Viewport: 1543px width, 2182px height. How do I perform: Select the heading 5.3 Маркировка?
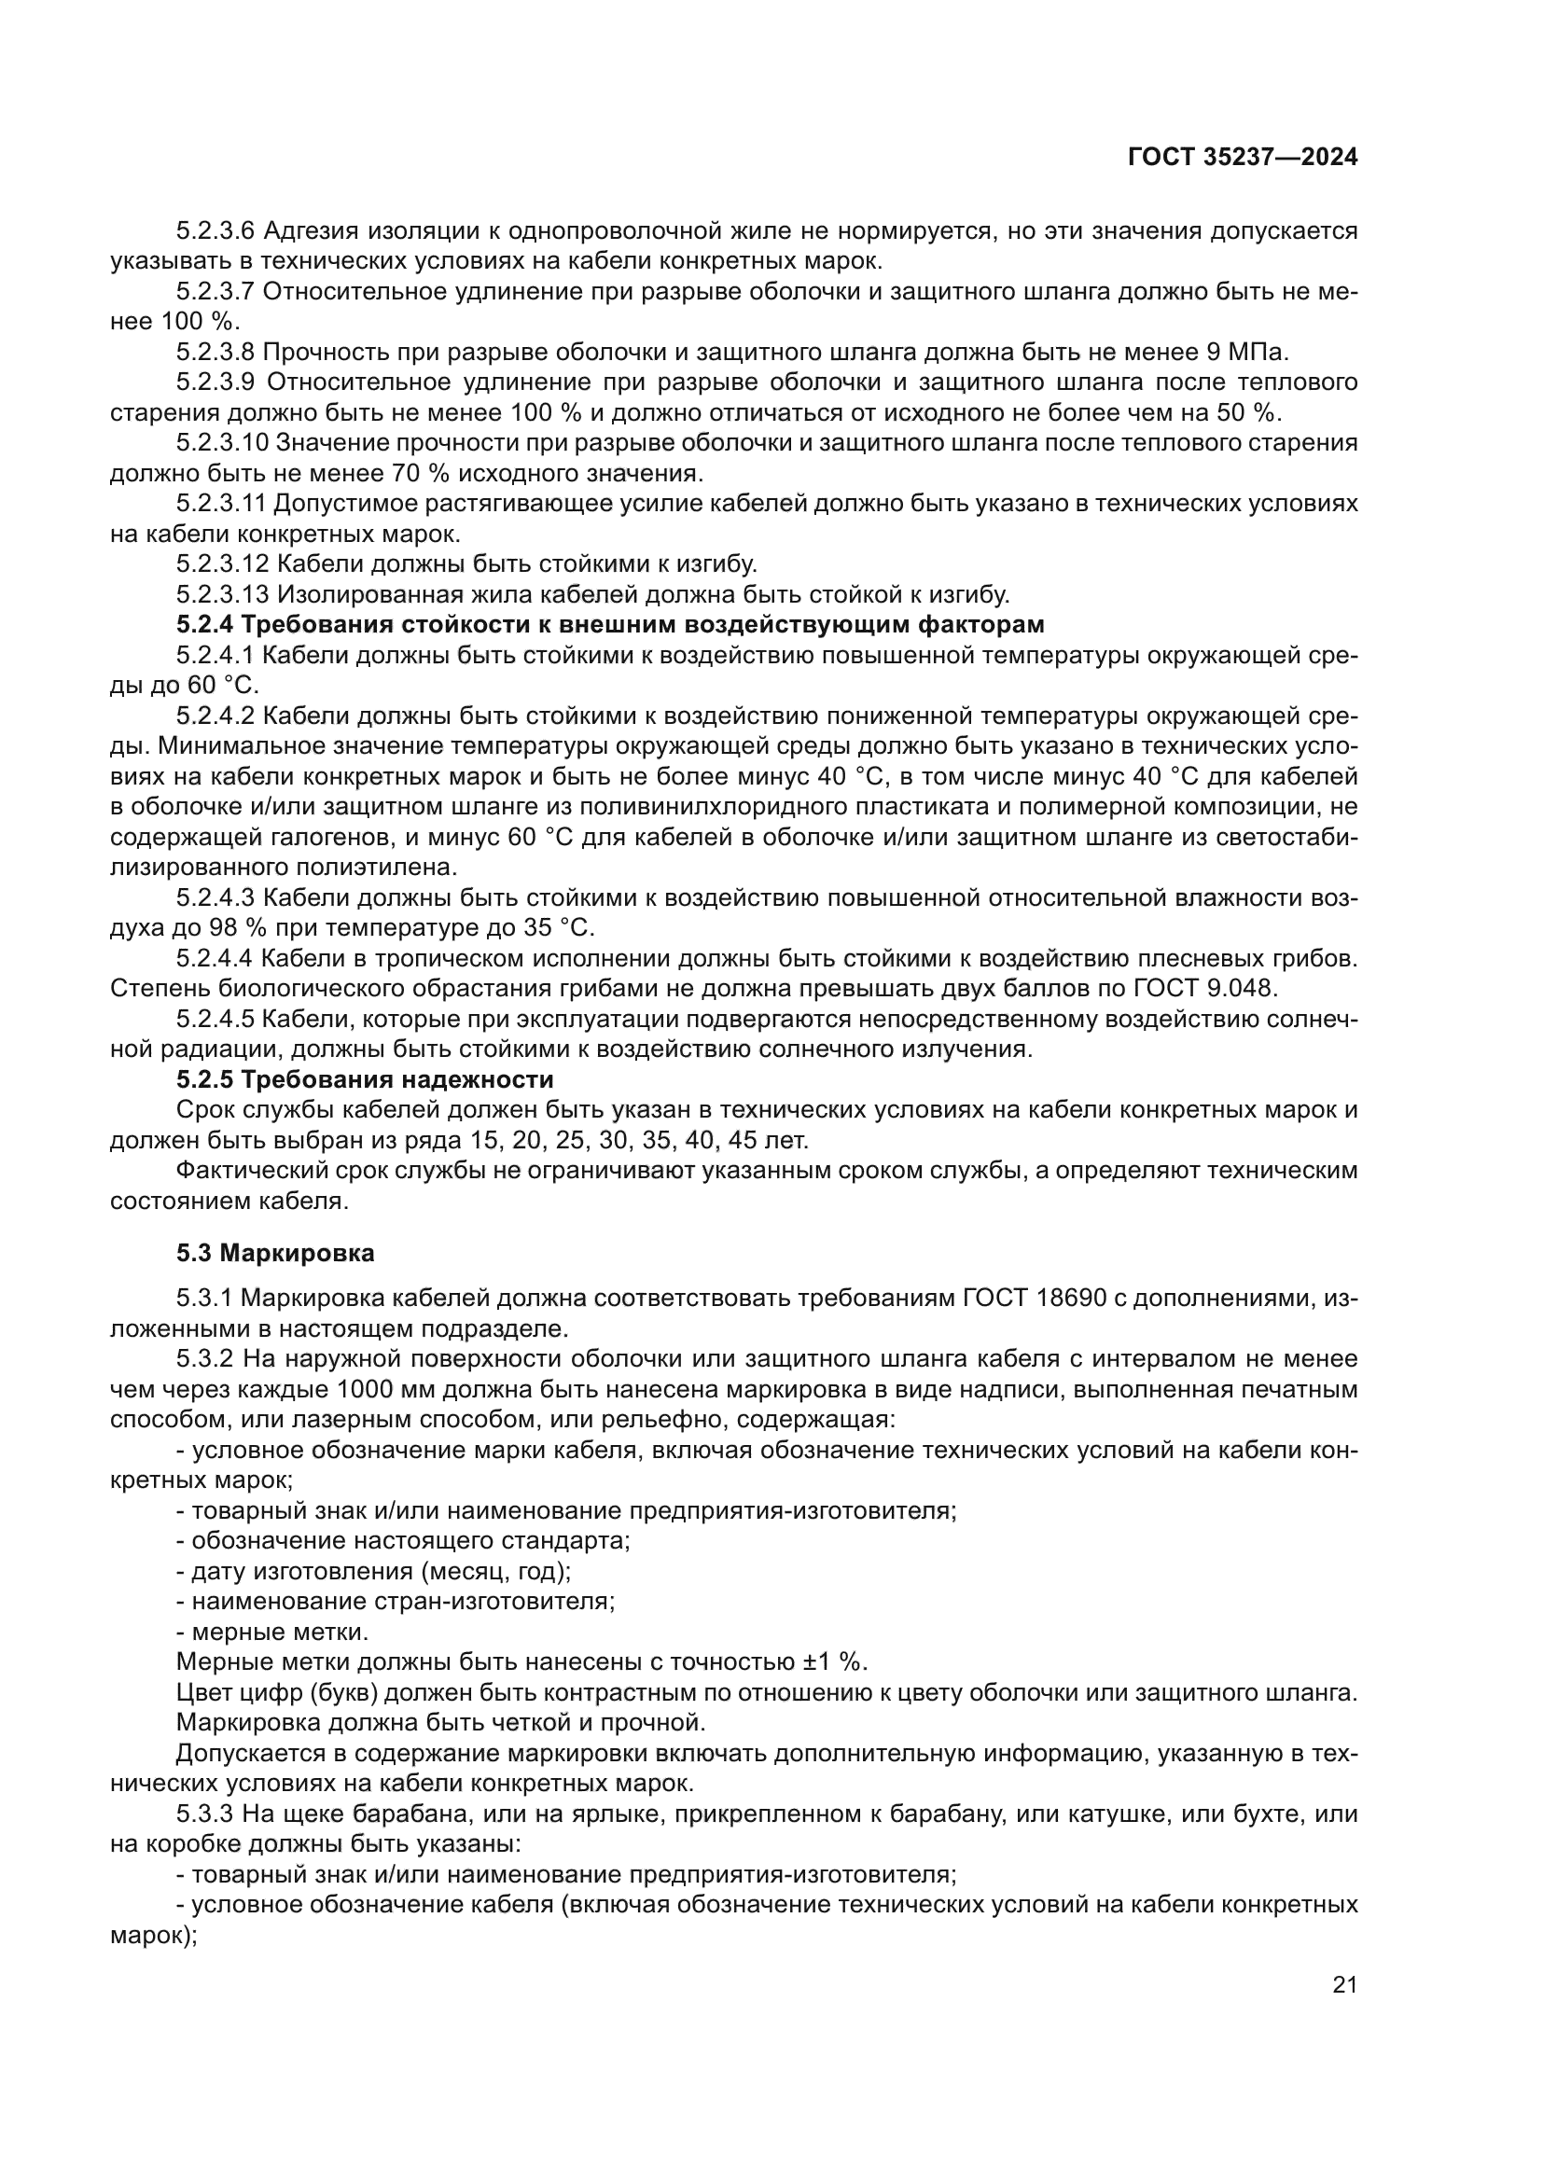click(x=275, y=1254)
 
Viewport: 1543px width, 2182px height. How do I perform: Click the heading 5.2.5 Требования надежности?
click(x=365, y=1079)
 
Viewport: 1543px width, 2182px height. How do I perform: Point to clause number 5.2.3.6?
click(x=215, y=231)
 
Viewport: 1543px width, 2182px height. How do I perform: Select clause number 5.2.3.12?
click(x=222, y=564)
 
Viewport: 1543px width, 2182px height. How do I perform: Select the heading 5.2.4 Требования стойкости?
click(x=610, y=625)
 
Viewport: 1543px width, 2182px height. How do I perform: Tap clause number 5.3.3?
click(x=204, y=1814)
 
